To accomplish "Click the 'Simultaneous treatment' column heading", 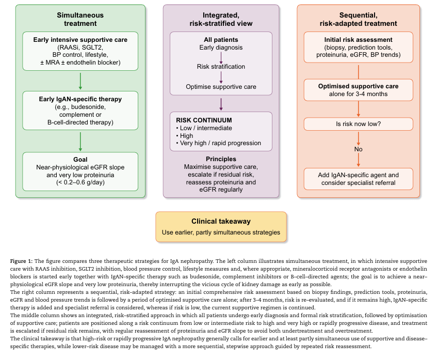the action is coord(80,19).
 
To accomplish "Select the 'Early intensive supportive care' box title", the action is coord(80,40).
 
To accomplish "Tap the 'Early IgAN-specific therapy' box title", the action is coord(80,99).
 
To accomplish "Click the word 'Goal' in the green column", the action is coord(80,160).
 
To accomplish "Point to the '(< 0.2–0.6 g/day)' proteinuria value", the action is coord(80,182).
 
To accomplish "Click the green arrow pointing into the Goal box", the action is coord(80,142).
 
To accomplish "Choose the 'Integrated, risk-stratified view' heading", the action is coord(221,19).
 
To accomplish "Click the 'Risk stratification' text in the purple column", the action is coord(221,67).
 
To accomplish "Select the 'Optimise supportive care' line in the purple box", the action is coord(221,87).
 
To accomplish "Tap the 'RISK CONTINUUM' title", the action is coord(204,120).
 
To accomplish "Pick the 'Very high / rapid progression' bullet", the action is coord(219,143).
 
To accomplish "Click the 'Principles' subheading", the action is coord(221,159).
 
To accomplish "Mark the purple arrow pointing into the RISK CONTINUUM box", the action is coord(221,104).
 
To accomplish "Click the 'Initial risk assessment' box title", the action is coord(359,40).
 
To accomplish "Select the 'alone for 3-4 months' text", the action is coord(359,94).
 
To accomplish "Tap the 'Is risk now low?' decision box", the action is coord(359,124).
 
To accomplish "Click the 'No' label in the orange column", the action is coord(359,149).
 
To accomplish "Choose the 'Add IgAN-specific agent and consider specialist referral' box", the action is coord(359,179).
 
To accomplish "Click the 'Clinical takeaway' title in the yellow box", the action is coord(221,221).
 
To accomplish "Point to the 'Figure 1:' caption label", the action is coord(22,261).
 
